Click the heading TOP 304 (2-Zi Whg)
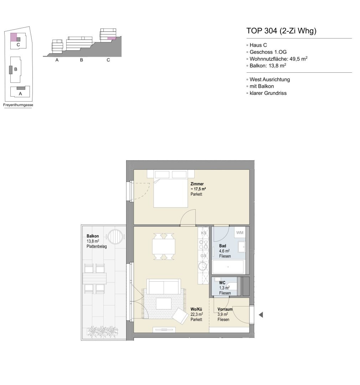pos(281,31)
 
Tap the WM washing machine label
pos(240,232)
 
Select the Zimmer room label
pos(197,184)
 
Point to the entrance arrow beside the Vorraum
pos(261,314)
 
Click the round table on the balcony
pos(115,237)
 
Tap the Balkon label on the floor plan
pos(93,236)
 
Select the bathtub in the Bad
pos(228,267)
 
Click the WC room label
pos(222,283)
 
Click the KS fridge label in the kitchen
pos(204,233)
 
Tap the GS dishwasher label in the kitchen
pos(203,256)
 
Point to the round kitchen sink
pos(203,266)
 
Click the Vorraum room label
pos(225,309)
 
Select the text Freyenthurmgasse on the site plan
pos(18,105)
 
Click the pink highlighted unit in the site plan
pos(13,37)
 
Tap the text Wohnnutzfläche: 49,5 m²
pos(278,59)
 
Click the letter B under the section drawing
pos(82,60)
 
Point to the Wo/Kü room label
pos(196,309)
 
